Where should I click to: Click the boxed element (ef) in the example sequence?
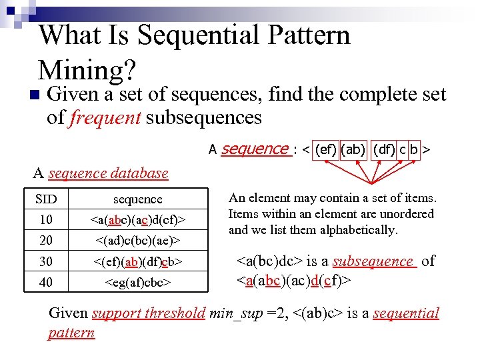325,151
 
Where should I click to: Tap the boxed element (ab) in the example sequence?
353,151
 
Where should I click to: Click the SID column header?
46,199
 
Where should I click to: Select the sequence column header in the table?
137,199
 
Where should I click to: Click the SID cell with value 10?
46,219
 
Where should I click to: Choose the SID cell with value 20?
46,239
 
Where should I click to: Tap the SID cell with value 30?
46,261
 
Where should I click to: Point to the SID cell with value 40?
46,283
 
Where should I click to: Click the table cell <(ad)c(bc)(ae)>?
137,239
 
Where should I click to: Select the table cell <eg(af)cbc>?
137,283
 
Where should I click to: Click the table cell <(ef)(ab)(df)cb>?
137,261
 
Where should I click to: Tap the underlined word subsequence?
373,261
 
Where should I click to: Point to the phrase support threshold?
149,313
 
